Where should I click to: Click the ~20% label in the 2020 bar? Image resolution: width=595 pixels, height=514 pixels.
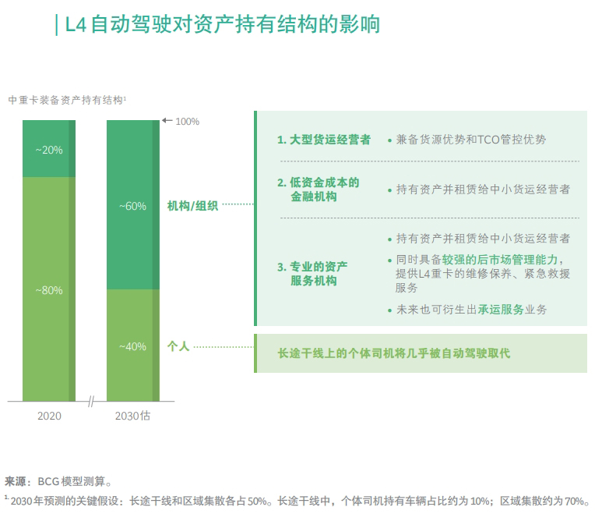pyautogui.click(x=49, y=150)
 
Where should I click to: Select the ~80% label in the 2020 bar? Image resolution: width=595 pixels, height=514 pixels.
pyautogui.click(x=49, y=290)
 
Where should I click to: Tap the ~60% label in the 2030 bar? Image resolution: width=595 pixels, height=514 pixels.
pyautogui.click(x=132, y=206)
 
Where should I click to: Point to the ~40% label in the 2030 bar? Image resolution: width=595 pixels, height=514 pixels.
pyautogui.click(x=132, y=346)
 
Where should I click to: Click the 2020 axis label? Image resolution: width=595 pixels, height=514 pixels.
pyautogui.click(x=49, y=416)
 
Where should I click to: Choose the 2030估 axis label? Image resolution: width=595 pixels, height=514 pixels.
pyautogui.click(x=132, y=416)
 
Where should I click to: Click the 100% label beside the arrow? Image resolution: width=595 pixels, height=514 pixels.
pyautogui.click(x=187, y=122)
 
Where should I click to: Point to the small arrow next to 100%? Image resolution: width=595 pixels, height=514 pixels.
pyautogui.click(x=166, y=121)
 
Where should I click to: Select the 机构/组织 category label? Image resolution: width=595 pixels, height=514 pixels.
pyautogui.click(x=192, y=206)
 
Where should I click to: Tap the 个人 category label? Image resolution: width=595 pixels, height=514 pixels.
pyautogui.click(x=178, y=346)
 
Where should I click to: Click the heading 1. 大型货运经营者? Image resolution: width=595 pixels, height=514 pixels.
pyautogui.click(x=323, y=140)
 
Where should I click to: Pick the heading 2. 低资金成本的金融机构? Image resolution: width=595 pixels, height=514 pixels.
pyautogui.click(x=319, y=190)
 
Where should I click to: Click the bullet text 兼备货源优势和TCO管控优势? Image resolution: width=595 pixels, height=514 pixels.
pyautogui.click(x=470, y=140)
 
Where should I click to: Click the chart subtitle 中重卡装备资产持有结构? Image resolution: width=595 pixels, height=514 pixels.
pyautogui.click(x=67, y=100)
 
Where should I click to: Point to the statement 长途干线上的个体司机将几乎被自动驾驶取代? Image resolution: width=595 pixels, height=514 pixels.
pyautogui.click(x=394, y=353)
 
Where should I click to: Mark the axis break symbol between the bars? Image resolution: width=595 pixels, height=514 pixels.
pyautogui.click(x=91, y=402)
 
